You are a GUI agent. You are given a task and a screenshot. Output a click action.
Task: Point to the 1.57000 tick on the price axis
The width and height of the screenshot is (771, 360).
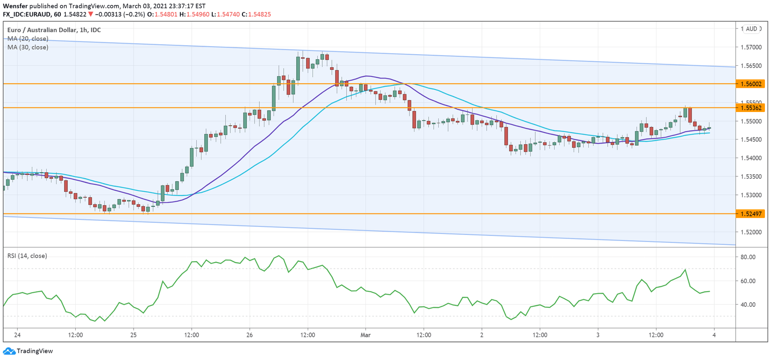(750, 48)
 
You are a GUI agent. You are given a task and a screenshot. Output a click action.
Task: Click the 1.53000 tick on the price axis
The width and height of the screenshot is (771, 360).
(750, 195)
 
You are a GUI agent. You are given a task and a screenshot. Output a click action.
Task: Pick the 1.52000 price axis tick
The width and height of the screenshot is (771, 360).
(750, 232)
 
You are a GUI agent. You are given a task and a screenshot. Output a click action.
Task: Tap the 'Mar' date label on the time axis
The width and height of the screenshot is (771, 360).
(365, 335)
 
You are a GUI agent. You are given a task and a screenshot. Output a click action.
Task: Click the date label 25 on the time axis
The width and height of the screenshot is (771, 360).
(134, 335)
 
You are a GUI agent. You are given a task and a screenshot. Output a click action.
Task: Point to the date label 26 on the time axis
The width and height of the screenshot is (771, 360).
(249, 335)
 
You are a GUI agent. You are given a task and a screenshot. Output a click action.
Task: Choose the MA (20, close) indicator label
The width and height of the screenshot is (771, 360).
(28, 39)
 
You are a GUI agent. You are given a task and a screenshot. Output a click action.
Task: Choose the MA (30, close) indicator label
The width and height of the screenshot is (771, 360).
(28, 47)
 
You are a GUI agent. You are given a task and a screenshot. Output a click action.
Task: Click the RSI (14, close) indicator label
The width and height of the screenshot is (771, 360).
(27, 256)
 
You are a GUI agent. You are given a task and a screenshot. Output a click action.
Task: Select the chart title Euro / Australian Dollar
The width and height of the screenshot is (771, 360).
(42, 30)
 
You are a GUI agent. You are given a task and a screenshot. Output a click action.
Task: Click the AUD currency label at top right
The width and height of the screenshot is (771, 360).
(751, 29)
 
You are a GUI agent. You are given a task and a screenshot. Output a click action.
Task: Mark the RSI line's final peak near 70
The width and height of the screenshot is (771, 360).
(685, 270)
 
